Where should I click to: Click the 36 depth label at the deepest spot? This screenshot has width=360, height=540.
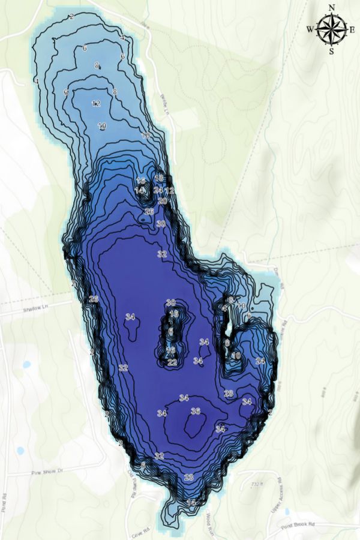(195, 411)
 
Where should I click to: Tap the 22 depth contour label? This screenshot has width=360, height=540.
(172, 362)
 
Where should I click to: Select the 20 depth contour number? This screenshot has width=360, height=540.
(162, 201)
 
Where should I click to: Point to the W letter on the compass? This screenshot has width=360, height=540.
(310, 29)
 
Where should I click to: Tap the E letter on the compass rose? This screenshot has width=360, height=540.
(353, 29)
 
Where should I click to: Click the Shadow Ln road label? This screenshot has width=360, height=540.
(18, 310)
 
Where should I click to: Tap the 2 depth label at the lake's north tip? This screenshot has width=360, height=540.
(71, 16)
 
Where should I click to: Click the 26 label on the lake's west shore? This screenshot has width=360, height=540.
(93, 299)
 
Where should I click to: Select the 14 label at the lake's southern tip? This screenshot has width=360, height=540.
(191, 502)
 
